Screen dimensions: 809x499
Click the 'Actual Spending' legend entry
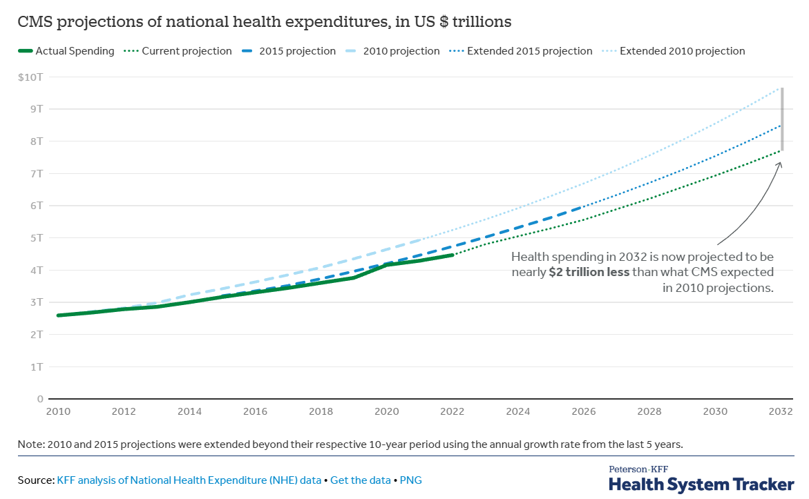coord(66,51)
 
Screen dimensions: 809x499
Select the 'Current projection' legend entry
coord(178,51)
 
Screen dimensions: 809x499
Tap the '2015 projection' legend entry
coord(289,51)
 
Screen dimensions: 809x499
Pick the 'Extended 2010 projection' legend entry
coord(674,51)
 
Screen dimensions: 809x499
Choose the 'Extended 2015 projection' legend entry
coord(521,51)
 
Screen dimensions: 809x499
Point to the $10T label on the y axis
coord(30,77)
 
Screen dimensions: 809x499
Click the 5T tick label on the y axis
coord(37,238)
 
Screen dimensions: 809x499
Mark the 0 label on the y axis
coord(40,399)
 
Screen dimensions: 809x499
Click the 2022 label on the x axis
coord(452,411)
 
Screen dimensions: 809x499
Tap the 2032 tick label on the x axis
coord(781,411)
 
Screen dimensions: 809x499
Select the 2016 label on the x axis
coord(255,411)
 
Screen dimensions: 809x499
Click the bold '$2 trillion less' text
coord(589,272)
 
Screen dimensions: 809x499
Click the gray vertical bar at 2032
coord(782,119)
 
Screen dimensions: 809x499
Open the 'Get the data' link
coord(361,480)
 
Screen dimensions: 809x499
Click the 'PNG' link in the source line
coord(410,480)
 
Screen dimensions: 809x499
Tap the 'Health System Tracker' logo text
coord(701,485)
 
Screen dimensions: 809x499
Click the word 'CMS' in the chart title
coord(34,21)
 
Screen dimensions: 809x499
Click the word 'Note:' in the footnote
coord(31,444)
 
